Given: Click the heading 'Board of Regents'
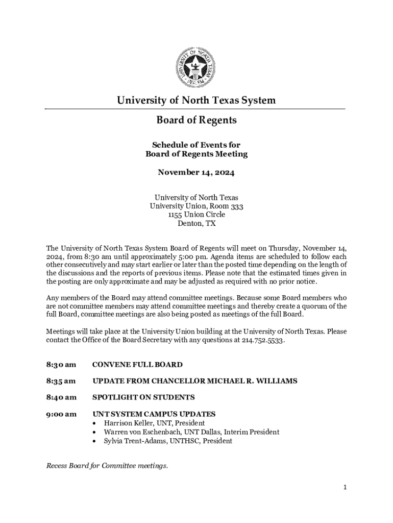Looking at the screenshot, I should click(x=196, y=121).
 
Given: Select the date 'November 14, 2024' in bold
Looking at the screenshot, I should click(x=196, y=173).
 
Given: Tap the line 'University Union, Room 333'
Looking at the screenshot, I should click(x=196, y=206).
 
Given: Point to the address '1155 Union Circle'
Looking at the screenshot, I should click(x=196, y=215).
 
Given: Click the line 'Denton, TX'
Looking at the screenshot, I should click(x=196, y=224).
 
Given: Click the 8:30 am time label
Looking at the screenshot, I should click(x=61, y=365).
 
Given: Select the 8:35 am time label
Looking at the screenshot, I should click(x=61, y=381).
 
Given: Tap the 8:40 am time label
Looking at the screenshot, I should click(x=61, y=397).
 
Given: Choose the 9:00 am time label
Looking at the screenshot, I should click(x=61, y=414).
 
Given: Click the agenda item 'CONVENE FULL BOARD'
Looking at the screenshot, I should click(x=137, y=365).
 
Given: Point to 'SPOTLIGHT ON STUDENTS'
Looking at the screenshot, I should click(x=143, y=397).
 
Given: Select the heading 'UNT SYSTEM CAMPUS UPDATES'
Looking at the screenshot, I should click(x=154, y=414).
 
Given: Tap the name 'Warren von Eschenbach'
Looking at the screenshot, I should click(x=141, y=432).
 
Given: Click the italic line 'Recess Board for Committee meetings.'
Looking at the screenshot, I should click(x=107, y=466).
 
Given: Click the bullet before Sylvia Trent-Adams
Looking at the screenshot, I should click(x=94, y=441).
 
